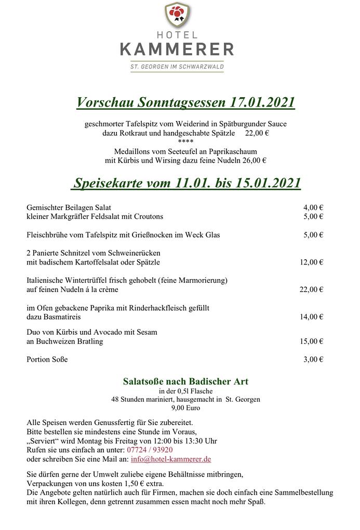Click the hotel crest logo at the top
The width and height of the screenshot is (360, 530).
coord(177,16)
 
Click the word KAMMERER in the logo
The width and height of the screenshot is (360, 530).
coord(177,49)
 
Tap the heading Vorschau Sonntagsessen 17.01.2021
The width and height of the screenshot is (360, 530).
coord(185,102)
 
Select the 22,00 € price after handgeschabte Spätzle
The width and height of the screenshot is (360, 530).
coord(257,133)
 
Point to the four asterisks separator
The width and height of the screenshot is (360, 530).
coord(185,142)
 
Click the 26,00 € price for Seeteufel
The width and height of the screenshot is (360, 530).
coord(255,160)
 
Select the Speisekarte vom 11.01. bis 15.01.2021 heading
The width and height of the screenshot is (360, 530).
coord(186,183)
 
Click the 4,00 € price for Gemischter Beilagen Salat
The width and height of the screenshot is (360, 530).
coord(313,207)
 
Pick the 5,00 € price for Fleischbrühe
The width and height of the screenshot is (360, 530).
coord(313,235)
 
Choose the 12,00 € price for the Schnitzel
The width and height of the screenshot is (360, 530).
coord(311,262)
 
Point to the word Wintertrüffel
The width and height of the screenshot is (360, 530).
coord(84,281)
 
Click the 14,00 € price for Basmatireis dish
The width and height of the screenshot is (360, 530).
coord(311,317)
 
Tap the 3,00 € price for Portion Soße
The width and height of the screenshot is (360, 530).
coord(313,359)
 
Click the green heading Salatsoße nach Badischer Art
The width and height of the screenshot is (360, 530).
coord(185,381)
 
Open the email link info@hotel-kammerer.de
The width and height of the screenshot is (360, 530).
coord(171,459)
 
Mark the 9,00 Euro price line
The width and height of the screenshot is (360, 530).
coord(185,408)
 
